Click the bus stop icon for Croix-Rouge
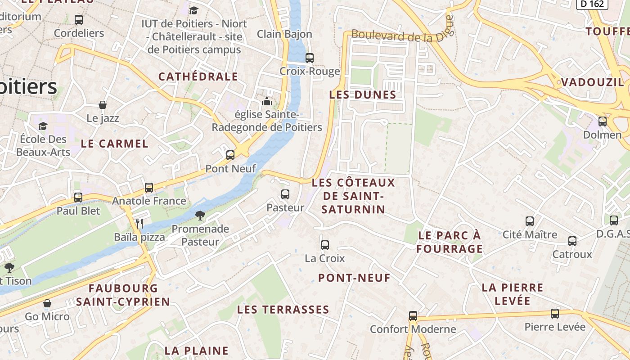[310, 58]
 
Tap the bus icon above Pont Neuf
[230, 155]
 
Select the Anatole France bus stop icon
[149, 188]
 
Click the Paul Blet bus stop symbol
[78, 197]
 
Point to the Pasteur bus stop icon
[285, 194]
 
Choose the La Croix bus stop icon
[325, 245]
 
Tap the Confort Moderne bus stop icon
[413, 316]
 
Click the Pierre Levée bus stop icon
[555, 314]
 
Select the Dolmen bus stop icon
[603, 121]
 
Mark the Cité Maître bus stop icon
[530, 221]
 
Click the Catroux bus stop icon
[572, 241]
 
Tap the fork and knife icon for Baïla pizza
[139, 223]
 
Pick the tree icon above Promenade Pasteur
[200, 216]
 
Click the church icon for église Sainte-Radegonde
[267, 101]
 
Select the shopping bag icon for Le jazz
[103, 105]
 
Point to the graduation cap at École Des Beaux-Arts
[43, 126]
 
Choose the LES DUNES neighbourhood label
[363, 95]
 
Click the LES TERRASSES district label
[283, 310]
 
